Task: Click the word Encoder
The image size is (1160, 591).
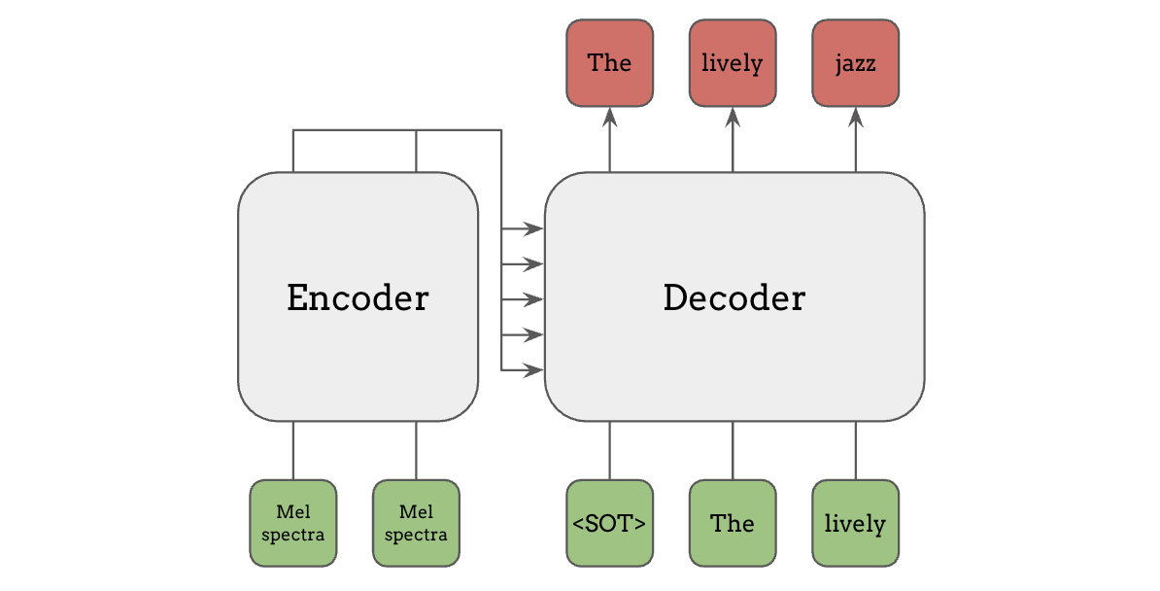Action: pyautogui.click(x=358, y=297)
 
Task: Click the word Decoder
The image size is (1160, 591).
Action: pyautogui.click(x=734, y=297)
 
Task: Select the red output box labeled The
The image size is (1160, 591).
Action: pyautogui.click(x=609, y=63)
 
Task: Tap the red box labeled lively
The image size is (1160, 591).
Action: pyautogui.click(x=733, y=63)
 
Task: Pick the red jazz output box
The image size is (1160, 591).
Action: pyautogui.click(x=856, y=63)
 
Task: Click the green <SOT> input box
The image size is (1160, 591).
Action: pyautogui.click(x=609, y=523)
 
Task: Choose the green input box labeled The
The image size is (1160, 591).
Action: pyautogui.click(x=733, y=523)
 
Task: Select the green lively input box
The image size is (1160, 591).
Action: pyautogui.click(x=856, y=523)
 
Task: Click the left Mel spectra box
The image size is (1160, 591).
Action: pyautogui.click(x=293, y=523)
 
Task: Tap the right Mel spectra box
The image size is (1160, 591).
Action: pyautogui.click(x=417, y=523)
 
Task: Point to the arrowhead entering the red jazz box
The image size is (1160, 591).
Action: pyautogui.click(x=856, y=116)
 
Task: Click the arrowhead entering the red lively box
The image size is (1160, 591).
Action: pyautogui.click(x=733, y=116)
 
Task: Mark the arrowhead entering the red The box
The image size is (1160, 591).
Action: pyautogui.click(x=610, y=116)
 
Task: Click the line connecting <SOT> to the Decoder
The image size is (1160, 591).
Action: pyautogui.click(x=610, y=450)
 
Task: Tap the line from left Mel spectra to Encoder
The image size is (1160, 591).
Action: pyautogui.click(x=293, y=450)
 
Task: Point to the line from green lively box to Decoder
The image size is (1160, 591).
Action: pyautogui.click(x=856, y=450)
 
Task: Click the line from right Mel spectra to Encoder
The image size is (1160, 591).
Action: pyautogui.click(x=417, y=450)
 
